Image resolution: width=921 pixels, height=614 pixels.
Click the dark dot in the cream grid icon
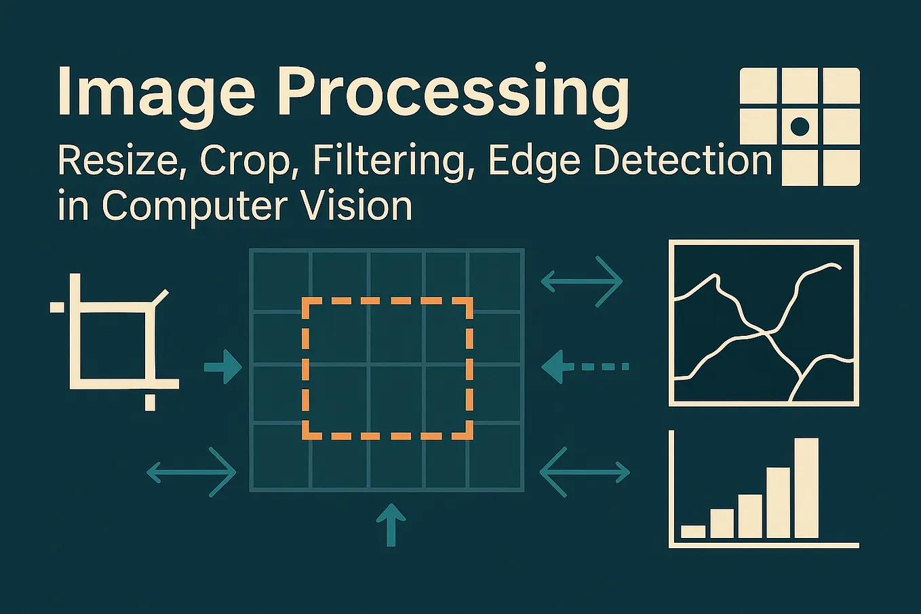pos(800,126)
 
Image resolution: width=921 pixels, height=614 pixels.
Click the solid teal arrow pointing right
pos(224,367)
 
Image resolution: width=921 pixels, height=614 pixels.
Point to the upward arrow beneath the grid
pos(391,524)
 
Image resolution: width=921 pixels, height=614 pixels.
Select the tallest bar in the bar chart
pos(806,488)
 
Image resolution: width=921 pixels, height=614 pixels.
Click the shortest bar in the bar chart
pos(693,531)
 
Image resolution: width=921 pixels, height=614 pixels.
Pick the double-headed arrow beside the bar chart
pos(585,471)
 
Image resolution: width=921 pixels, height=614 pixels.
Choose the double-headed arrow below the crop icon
pos(191,472)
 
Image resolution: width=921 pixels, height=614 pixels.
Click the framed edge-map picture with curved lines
pos(764,323)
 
